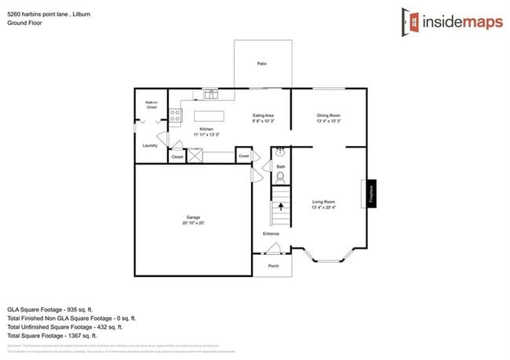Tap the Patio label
click(x=261, y=64)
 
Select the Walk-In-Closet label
click(x=151, y=105)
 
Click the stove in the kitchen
click(x=176, y=118)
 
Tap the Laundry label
click(x=150, y=145)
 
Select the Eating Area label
click(x=263, y=115)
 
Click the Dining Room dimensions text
click(x=328, y=122)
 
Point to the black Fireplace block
click(x=371, y=193)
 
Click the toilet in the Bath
click(x=280, y=178)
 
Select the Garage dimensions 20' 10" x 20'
click(x=193, y=223)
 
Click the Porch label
click(x=273, y=265)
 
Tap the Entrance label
click(x=271, y=233)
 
